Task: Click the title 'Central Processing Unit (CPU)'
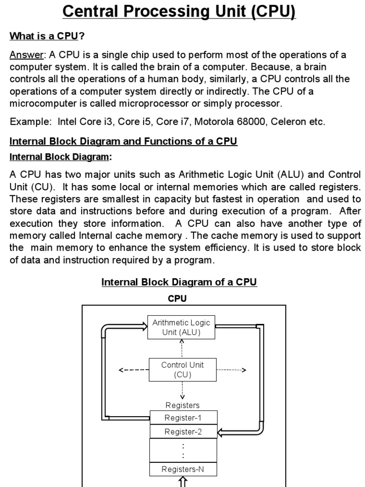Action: (x=180, y=11)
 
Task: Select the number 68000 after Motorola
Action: (x=252, y=121)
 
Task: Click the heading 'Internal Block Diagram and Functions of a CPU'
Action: (x=124, y=141)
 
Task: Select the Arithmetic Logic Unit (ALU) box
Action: (x=182, y=327)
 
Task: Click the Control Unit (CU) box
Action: (x=182, y=370)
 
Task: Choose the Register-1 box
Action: (x=183, y=418)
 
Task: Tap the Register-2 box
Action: (x=183, y=431)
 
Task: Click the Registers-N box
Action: (x=183, y=469)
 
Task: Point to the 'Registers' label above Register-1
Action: (x=182, y=405)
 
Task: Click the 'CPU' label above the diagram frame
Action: (x=177, y=299)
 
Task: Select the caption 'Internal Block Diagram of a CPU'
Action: (x=179, y=282)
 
